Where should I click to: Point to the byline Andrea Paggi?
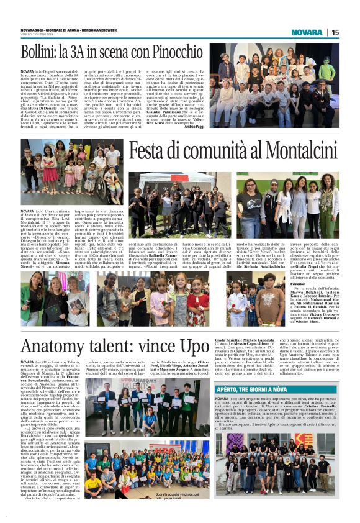194,127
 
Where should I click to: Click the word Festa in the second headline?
151,152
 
